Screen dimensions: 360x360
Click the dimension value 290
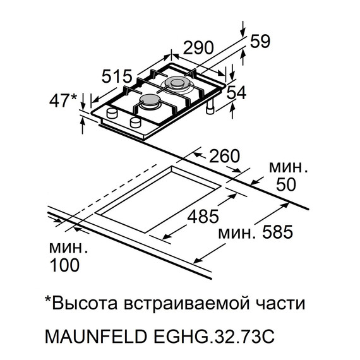(x=198, y=48)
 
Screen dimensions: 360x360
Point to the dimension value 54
(x=237, y=93)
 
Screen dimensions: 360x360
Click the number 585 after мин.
(x=275, y=233)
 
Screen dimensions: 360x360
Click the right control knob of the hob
(x=136, y=121)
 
